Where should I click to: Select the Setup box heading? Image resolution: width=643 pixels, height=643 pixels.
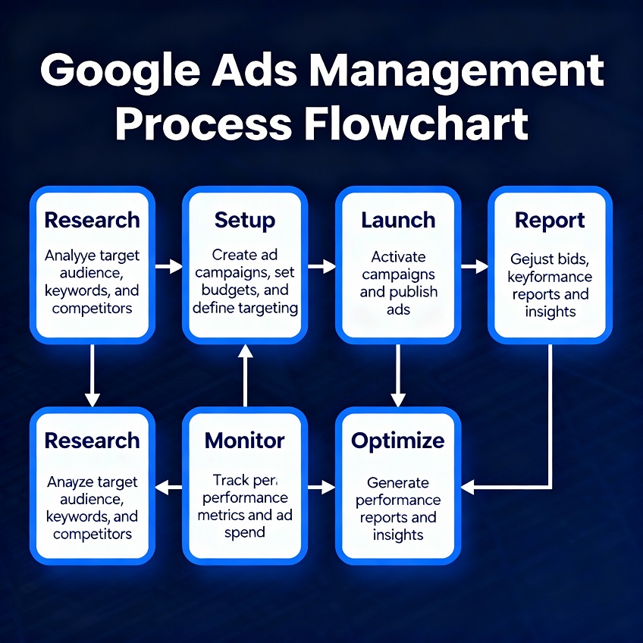(x=244, y=221)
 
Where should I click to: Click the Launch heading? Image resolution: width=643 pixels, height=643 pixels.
(x=398, y=221)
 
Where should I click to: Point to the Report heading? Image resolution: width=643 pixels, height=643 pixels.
(x=550, y=221)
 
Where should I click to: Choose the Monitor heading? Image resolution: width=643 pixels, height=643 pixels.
(x=245, y=441)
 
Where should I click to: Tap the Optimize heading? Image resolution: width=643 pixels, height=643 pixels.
(x=398, y=441)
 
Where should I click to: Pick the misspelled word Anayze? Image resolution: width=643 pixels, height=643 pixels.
(x=70, y=482)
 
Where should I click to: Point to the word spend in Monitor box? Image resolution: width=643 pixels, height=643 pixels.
(x=245, y=532)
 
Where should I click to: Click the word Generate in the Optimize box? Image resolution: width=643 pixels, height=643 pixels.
(x=398, y=482)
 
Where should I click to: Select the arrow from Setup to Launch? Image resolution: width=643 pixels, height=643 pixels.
(x=321, y=266)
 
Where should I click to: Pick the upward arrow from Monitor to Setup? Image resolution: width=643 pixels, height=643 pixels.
(x=245, y=375)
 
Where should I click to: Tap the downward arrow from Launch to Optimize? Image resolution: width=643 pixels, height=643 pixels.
(x=398, y=375)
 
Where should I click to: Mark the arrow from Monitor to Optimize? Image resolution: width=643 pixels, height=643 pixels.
(x=321, y=487)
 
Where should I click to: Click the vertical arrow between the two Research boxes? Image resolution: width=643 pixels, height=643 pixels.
(x=93, y=375)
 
